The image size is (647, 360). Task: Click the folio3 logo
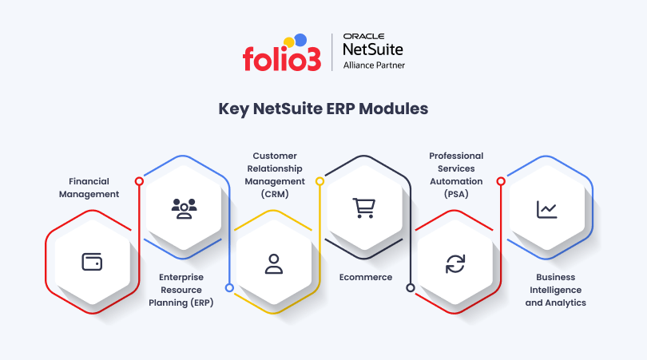tap(282, 53)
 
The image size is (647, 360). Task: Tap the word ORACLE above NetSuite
tap(363, 36)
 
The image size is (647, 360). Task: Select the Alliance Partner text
tap(374, 65)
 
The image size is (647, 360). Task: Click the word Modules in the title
tap(393, 109)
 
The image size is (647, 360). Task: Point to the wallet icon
tap(92, 262)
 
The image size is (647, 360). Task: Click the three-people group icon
tap(184, 208)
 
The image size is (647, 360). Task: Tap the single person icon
tap(273, 264)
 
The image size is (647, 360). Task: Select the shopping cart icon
tap(364, 208)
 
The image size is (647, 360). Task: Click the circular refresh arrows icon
tap(455, 264)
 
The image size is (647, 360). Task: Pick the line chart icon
tap(546, 209)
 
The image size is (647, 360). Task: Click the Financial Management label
tap(89, 188)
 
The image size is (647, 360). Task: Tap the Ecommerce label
tap(366, 277)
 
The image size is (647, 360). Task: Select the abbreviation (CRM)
tap(275, 194)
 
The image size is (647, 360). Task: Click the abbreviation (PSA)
tap(456, 194)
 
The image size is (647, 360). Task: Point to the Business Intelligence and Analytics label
tap(555, 290)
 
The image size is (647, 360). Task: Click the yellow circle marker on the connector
tap(320, 181)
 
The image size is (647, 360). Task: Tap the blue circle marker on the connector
tap(229, 288)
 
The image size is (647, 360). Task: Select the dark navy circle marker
tap(410, 288)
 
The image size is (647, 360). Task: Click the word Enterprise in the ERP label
tap(181, 277)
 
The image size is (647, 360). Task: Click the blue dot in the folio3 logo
tap(301, 40)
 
